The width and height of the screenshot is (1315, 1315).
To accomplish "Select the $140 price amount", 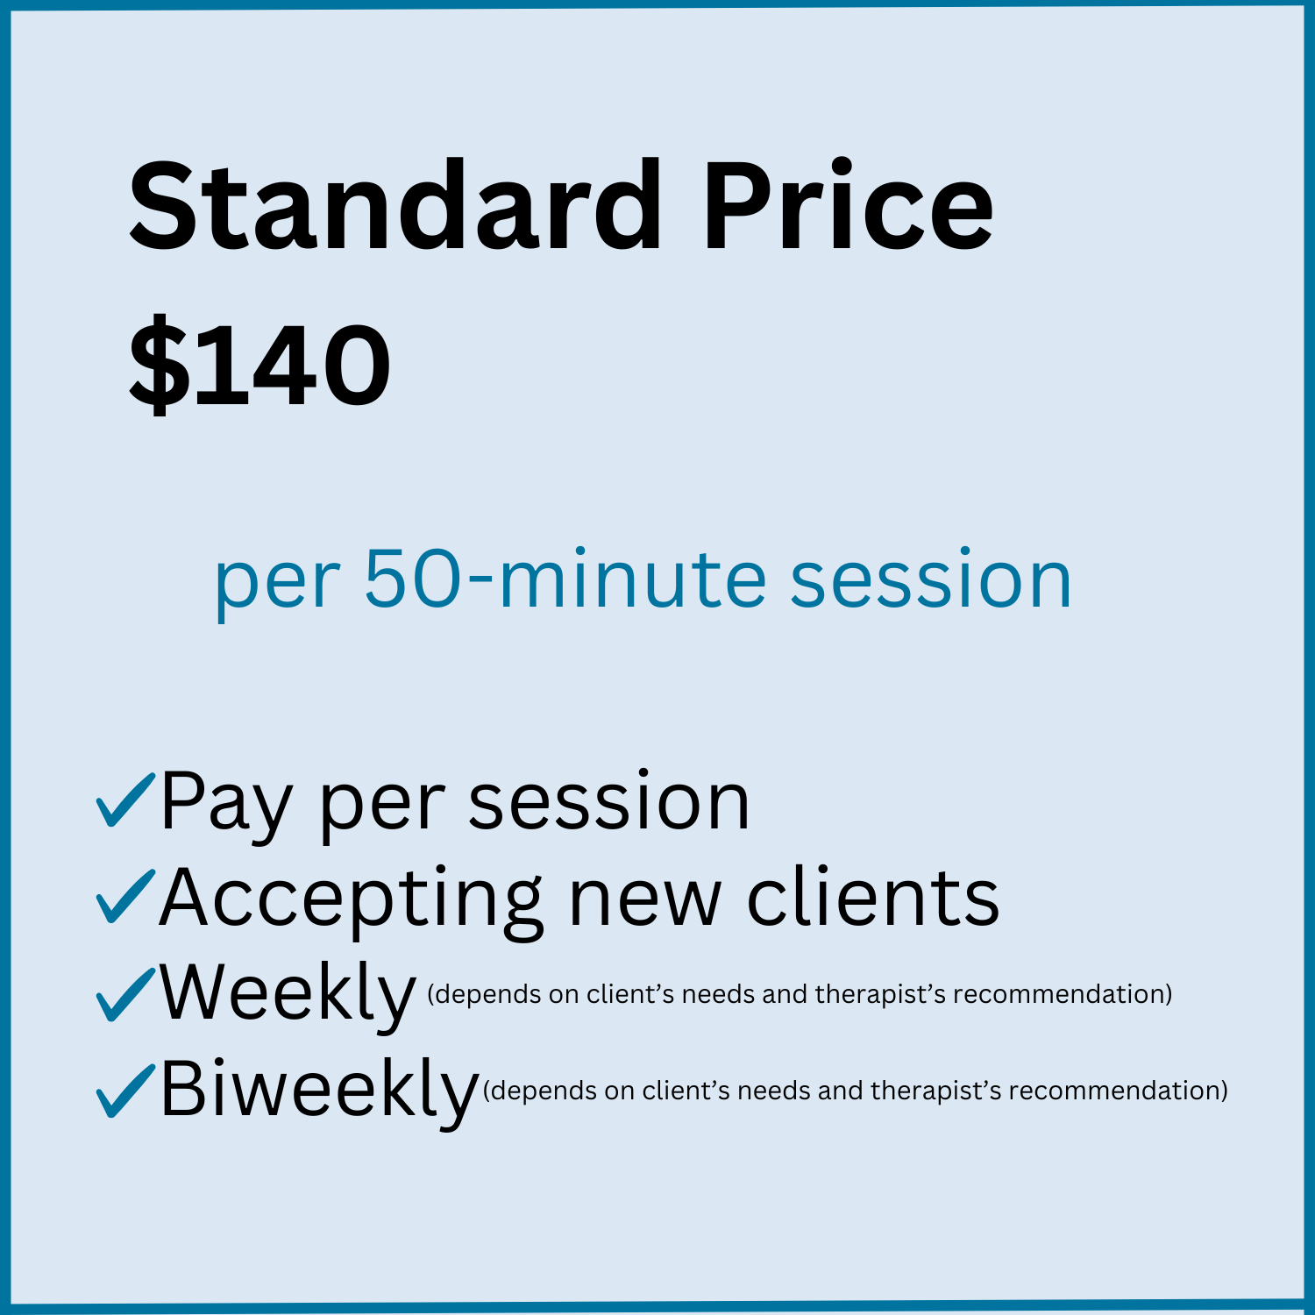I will coord(260,365).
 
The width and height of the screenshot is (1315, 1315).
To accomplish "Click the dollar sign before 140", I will coord(159,365).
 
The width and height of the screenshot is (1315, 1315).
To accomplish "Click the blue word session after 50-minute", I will coord(930,580).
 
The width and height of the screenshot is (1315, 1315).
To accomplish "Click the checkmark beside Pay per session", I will coord(125,800).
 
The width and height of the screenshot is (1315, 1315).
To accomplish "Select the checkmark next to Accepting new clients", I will coord(125,896).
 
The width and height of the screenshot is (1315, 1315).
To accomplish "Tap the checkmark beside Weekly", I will coord(125,992).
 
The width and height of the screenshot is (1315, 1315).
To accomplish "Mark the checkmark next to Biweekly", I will coord(125,1089).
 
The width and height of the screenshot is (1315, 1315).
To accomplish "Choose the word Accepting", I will coord(351,899).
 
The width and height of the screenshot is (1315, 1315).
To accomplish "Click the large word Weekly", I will coord(288,994).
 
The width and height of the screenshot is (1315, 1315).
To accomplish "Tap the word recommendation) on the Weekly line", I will coord(1063,994).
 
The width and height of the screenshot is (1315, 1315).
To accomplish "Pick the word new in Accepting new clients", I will coord(644,899).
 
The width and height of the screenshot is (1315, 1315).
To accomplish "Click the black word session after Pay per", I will coord(609,803).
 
